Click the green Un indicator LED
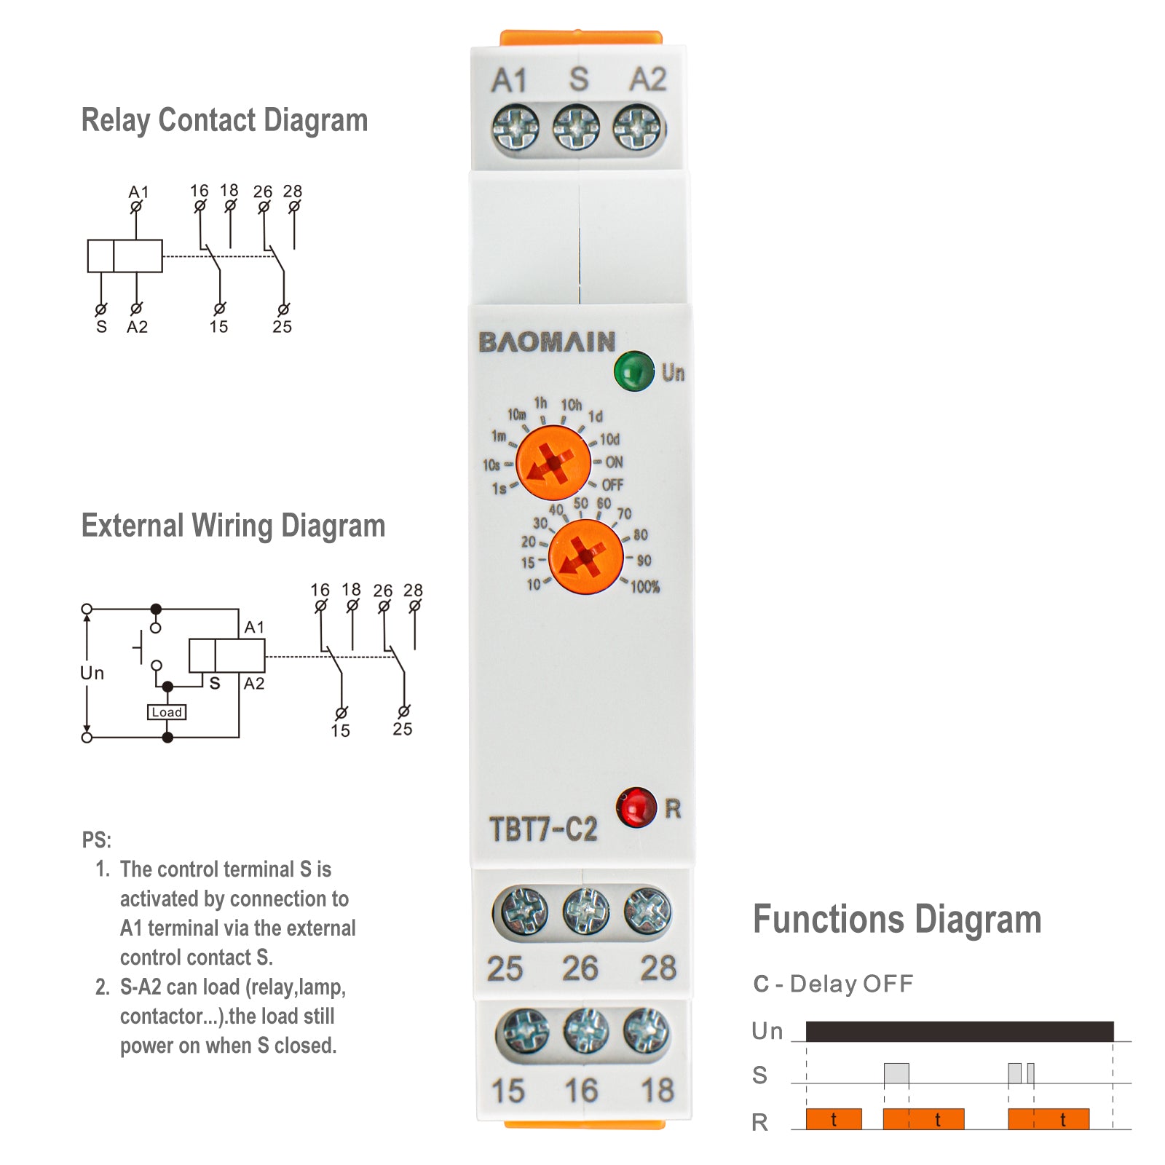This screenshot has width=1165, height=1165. click(x=633, y=371)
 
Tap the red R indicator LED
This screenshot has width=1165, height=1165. click(x=636, y=807)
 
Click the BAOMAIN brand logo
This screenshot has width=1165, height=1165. click(x=547, y=341)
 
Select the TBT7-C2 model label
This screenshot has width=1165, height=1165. click(x=543, y=829)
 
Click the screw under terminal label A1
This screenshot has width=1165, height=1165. click(x=516, y=128)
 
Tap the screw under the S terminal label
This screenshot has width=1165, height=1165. click(x=576, y=128)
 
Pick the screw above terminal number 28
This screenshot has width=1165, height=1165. click(x=647, y=911)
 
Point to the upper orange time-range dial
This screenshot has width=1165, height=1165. click(x=553, y=463)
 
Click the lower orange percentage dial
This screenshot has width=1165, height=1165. click(x=585, y=557)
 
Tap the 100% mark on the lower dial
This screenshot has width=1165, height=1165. click(x=644, y=587)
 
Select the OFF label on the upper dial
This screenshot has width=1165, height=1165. click(x=612, y=485)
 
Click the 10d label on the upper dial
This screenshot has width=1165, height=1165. click(x=609, y=440)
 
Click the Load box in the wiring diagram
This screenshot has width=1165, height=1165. click(x=167, y=712)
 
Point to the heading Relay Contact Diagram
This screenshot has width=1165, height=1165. click(x=224, y=120)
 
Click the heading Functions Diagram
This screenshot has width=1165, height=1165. click(x=897, y=919)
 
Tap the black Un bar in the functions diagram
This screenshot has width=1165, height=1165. click(x=959, y=1031)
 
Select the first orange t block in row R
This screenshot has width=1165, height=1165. click(x=834, y=1119)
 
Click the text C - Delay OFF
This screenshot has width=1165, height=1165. click(x=833, y=984)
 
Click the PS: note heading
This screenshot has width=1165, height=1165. click(x=96, y=840)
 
